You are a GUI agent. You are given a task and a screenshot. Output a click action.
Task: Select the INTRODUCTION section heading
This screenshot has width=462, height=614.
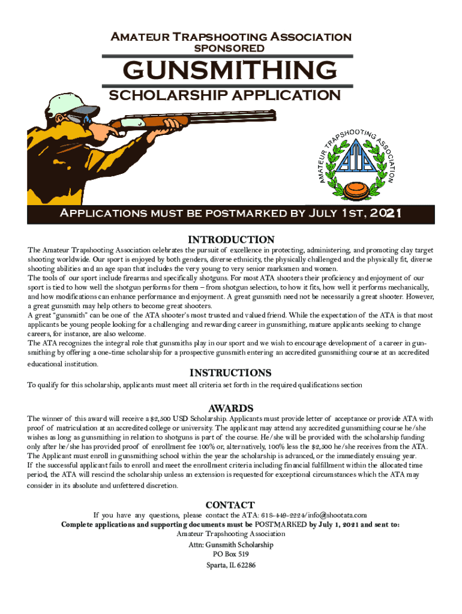point(231,239)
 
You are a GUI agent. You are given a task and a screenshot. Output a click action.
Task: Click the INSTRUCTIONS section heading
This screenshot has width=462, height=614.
point(231,373)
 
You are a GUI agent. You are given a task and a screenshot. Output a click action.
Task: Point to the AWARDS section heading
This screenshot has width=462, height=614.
point(231,408)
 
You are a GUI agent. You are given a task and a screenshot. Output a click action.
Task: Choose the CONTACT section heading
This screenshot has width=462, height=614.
point(230,505)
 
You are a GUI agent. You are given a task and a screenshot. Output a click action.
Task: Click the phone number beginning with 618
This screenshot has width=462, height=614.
point(283,515)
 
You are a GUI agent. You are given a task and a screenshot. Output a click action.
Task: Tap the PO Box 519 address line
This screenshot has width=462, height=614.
point(230,555)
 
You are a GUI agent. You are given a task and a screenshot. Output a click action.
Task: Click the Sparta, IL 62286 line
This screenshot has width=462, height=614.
point(230,565)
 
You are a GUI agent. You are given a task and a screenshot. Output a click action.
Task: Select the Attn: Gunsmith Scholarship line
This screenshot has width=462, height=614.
point(230,544)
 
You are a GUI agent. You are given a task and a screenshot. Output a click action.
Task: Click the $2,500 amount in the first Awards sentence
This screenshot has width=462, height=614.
point(162,418)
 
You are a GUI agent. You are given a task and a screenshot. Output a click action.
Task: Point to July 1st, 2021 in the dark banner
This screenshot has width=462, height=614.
point(354,213)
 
